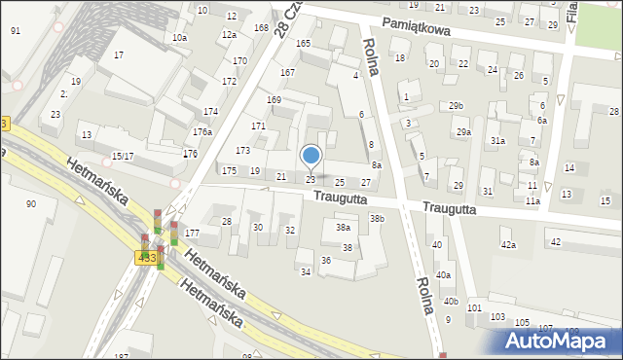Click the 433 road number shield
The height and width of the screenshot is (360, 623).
click(146, 256)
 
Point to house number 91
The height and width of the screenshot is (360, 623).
click(16, 31)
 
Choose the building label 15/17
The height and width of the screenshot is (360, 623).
click(123, 157)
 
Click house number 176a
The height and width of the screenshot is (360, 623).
click(202, 131)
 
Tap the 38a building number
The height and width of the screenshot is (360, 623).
click(343, 228)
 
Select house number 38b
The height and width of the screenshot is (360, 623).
click(377, 219)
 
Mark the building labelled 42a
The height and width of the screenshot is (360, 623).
click(508, 245)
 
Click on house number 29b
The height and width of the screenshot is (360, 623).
click(457, 105)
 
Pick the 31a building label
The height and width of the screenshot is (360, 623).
click(497, 141)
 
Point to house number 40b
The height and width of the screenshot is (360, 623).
click(450, 302)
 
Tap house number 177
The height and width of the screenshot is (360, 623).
click(192, 234)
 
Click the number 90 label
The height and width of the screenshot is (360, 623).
click(31, 203)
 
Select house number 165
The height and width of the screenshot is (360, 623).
click(303, 44)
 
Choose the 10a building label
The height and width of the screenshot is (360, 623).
click(179, 38)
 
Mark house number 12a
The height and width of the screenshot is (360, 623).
click(229, 35)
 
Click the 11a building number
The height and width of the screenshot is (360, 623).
click(532, 201)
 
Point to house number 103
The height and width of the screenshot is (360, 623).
click(497, 318)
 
